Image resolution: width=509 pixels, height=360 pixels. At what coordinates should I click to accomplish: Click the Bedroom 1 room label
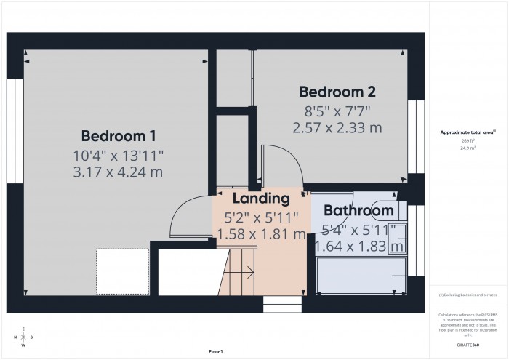[x=119, y=135]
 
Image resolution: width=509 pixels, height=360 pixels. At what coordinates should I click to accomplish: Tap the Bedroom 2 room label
[x=338, y=92]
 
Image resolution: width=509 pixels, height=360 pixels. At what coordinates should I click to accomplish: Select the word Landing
[x=261, y=198]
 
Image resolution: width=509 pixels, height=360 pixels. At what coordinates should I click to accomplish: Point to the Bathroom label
[x=358, y=211]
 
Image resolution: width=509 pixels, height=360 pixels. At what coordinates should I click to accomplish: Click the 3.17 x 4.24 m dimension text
[x=119, y=172]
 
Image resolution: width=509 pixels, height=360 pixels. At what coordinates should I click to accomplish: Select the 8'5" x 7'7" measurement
[x=337, y=111]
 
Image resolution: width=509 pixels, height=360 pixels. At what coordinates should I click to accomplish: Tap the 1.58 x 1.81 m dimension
[x=261, y=234]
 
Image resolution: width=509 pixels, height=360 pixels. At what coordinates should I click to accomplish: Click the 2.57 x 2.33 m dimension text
[x=337, y=128]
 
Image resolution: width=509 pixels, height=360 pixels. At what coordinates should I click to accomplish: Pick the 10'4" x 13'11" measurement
[x=119, y=155]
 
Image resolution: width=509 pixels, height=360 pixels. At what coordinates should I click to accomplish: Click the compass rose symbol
[x=24, y=337]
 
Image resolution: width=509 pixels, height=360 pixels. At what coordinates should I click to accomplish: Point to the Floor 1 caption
[x=215, y=352]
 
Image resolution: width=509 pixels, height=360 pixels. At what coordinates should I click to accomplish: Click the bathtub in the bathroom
[x=360, y=274]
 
